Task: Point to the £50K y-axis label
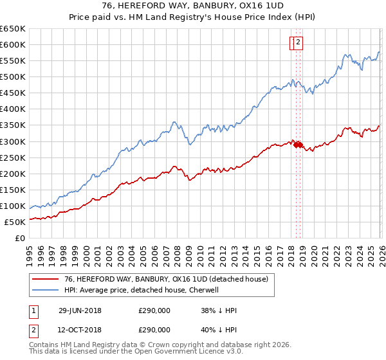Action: tap(15, 222)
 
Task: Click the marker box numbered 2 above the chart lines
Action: tap(299, 43)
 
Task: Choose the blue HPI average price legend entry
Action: tap(142, 290)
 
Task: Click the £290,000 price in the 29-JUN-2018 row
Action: tap(154, 310)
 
